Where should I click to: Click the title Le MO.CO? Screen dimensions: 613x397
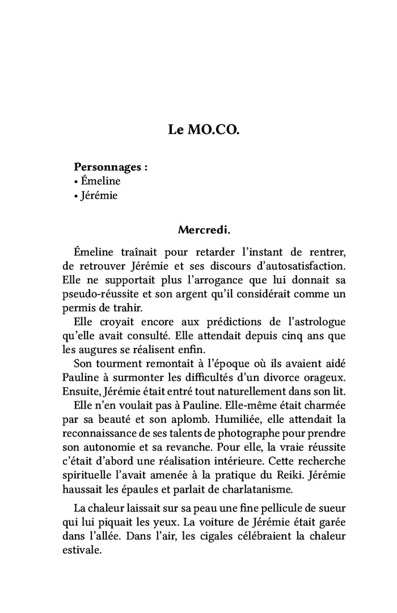[x=204, y=130]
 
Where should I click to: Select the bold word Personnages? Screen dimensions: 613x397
[x=107, y=168]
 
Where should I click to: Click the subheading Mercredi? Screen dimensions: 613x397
[x=204, y=230]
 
